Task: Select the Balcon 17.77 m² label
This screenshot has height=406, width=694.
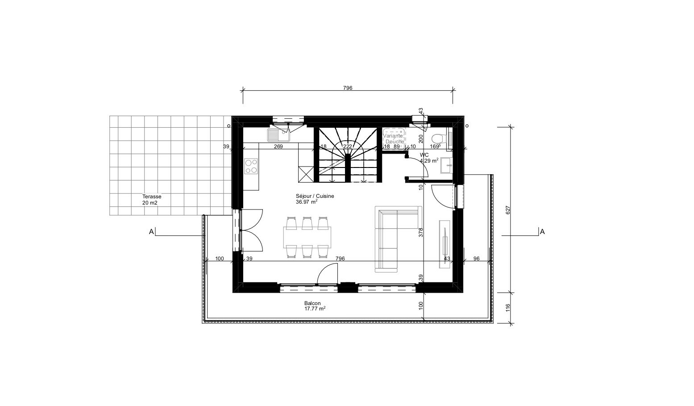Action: (315, 306)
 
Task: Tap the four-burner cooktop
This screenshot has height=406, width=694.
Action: (251, 166)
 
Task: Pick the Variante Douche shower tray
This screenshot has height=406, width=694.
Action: (394, 136)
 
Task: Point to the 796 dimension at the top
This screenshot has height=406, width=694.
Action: (348, 88)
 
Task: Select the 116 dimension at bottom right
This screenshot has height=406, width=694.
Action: (507, 307)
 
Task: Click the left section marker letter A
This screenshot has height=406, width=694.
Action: (151, 232)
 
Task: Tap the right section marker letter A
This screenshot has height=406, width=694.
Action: (542, 232)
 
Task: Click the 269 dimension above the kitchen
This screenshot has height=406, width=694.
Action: (278, 146)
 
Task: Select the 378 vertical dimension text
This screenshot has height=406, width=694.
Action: (420, 232)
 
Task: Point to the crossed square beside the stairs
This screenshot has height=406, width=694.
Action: (307, 174)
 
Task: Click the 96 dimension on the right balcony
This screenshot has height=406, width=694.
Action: (476, 259)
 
